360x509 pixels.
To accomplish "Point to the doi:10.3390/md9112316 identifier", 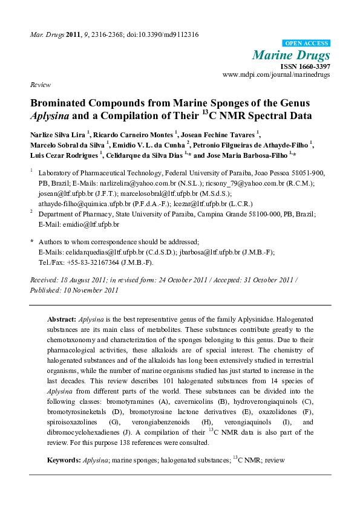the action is coord(163,34).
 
